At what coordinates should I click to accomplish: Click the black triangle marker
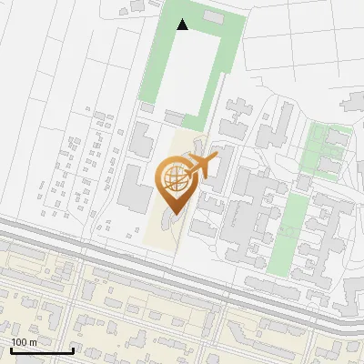[x=183, y=25]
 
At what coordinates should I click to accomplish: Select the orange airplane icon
[x=200, y=167]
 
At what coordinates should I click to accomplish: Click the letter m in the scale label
[x=34, y=342]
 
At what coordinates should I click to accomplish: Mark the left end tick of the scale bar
[x=10, y=349]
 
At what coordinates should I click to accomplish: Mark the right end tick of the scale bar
[x=73, y=349]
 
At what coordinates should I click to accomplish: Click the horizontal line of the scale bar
[x=41, y=351]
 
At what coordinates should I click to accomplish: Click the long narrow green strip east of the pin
[x=293, y=232]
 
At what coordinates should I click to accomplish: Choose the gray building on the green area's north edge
[x=212, y=17]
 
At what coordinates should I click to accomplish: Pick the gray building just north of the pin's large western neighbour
[x=141, y=140]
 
